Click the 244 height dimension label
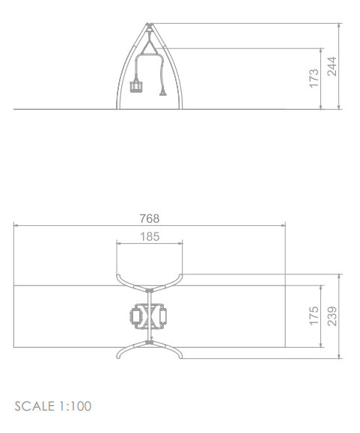[332, 67]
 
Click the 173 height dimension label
[314, 79]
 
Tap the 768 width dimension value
[150, 218]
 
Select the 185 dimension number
[150, 236]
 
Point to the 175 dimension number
[314, 316]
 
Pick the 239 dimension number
[332, 316]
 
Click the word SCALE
[34, 406]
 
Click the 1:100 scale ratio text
[75, 406]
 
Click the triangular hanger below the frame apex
[149, 47]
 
